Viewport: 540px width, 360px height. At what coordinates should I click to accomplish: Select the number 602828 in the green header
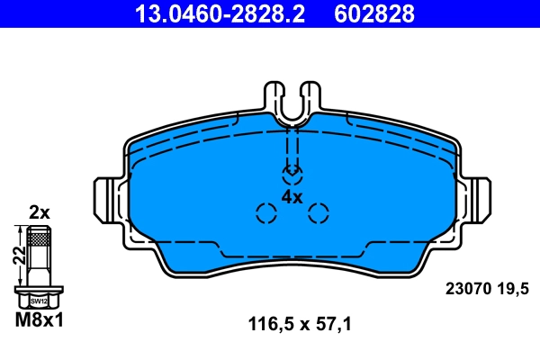(x=374, y=13)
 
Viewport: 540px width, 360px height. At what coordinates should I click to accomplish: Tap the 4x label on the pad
(x=292, y=196)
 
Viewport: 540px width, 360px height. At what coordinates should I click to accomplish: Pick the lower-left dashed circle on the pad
(x=266, y=213)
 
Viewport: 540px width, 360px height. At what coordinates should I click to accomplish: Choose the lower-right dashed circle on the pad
(x=319, y=213)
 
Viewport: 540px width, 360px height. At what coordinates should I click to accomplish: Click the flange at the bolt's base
(x=39, y=290)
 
